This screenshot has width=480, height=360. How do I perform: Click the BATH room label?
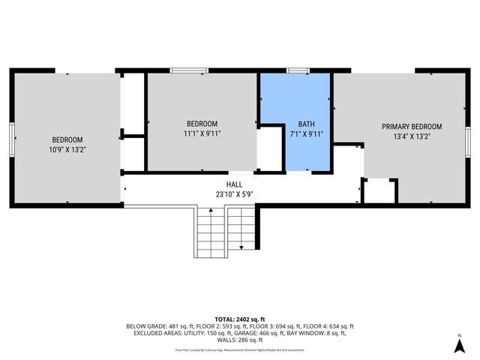point(307,124)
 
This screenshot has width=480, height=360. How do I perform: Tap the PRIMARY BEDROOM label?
point(412,127)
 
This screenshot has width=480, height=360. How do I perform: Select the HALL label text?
point(234,184)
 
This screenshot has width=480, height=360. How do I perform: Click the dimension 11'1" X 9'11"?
point(202,134)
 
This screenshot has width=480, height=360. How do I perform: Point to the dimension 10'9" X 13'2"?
point(67,150)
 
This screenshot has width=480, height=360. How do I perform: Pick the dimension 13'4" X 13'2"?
point(412,136)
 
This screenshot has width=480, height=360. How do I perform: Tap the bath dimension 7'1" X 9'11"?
point(307,134)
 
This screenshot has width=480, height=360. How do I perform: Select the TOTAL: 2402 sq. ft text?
point(239,319)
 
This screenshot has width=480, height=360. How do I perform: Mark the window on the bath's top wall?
point(298,71)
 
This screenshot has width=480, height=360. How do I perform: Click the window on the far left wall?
point(11,139)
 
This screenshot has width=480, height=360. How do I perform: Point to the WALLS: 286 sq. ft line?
point(240,340)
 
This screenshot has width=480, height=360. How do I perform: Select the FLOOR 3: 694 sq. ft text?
point(277,326)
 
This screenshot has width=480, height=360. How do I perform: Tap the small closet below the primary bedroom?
point(379,191)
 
